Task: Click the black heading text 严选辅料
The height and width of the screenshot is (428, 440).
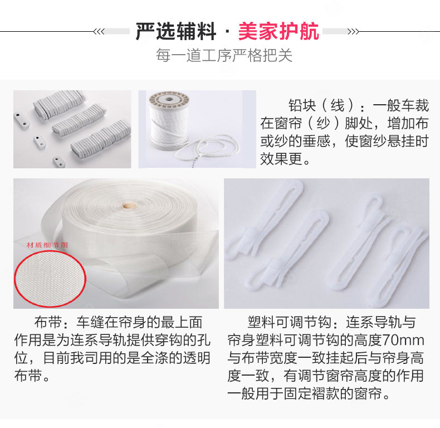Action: [175, 31]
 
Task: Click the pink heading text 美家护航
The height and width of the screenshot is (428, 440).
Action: [278, 31]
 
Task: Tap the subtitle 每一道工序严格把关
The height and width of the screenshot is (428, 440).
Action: [224, 55]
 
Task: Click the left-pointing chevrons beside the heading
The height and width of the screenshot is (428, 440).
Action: [99, 31]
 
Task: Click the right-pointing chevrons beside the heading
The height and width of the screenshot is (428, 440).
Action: [353, 31]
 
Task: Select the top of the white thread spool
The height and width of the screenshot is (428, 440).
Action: [169, 99]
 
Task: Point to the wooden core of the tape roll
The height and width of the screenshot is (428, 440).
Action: [129, 206]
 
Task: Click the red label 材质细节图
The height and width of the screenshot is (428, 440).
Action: [47, 245]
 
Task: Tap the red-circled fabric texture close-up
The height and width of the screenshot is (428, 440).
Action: [50, 278]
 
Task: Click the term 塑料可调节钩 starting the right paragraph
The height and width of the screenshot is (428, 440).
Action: [290, 323]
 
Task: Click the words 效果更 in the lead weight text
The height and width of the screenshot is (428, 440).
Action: [281, 159]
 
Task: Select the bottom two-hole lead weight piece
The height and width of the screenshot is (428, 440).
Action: [59, 162]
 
